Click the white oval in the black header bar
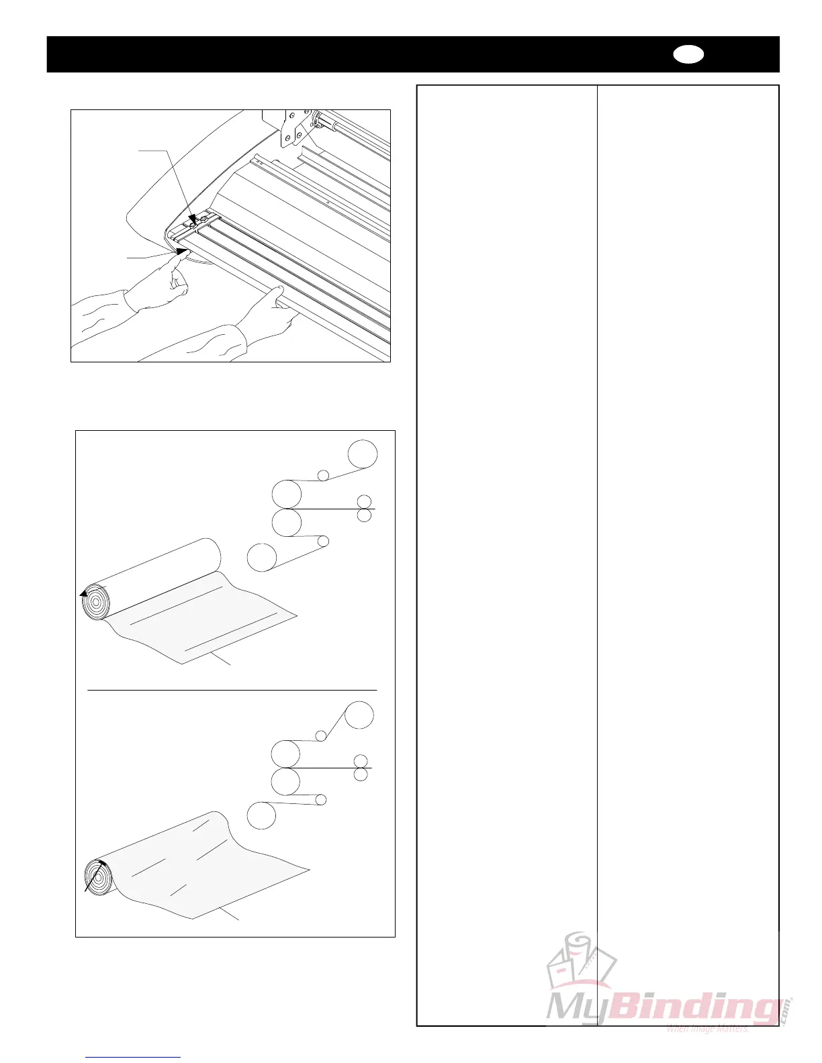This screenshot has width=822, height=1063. coord(688,55)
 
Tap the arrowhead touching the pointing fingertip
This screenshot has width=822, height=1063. coord(181,252)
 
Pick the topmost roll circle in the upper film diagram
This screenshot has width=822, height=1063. coord(363,454)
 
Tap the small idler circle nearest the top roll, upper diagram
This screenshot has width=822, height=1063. coord(323,475)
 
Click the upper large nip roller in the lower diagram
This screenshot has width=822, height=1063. coord(286,754)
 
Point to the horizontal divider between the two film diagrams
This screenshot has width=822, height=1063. coord(232,689)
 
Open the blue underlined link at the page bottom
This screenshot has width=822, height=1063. coord(134,1057)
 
